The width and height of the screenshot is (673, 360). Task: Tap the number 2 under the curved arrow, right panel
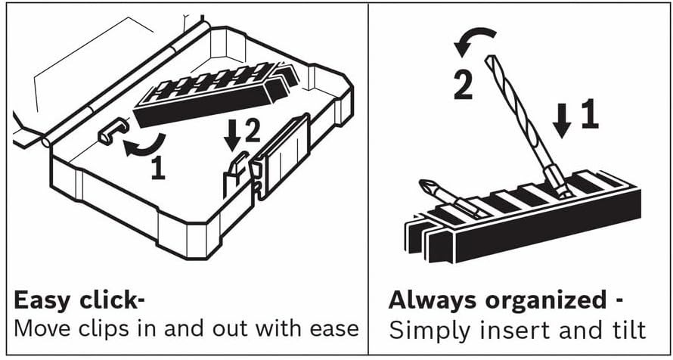pos(464,85)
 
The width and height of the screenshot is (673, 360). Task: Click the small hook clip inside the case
pos(113,130)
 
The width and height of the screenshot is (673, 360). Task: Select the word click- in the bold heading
pos(112,301)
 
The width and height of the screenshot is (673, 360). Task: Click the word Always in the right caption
pos(434,302)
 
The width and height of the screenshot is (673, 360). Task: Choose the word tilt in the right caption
pos(631,330)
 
